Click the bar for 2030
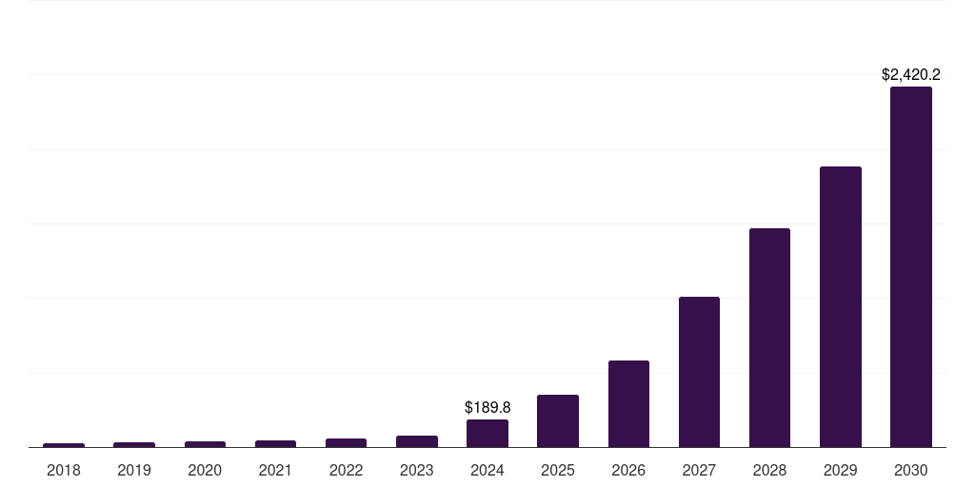tap(910, 266)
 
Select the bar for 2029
tap(840, 306)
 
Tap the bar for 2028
tap(769, 338)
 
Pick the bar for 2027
tap(699, 372)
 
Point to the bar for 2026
tap(628, 403)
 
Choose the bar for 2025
tap(558, 420)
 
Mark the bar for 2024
tap(487, 433)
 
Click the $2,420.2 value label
tap(911, 74)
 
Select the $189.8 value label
tap(487, 407)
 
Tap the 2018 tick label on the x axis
tap(64, 470)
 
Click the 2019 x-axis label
tap(134, 470)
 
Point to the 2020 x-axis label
tap(205, 470)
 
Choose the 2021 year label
tap(275, 470)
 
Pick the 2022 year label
tap(346, 470)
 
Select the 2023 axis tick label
tap(417, 470)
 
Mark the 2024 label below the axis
tap(487, 470)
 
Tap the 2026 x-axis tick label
tap(628, 470)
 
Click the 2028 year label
tap(769, 470)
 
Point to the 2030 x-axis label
tap(910, 470)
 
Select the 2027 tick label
tap(699, 470)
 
